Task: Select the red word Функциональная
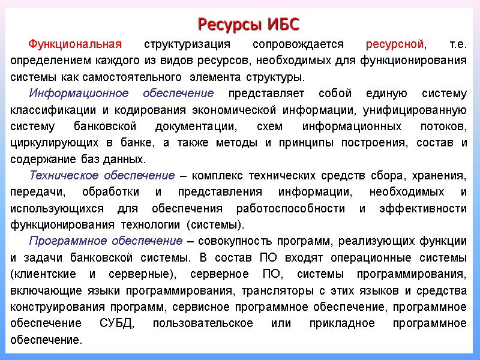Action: point(75,44)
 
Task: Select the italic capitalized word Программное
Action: point(64,241)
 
